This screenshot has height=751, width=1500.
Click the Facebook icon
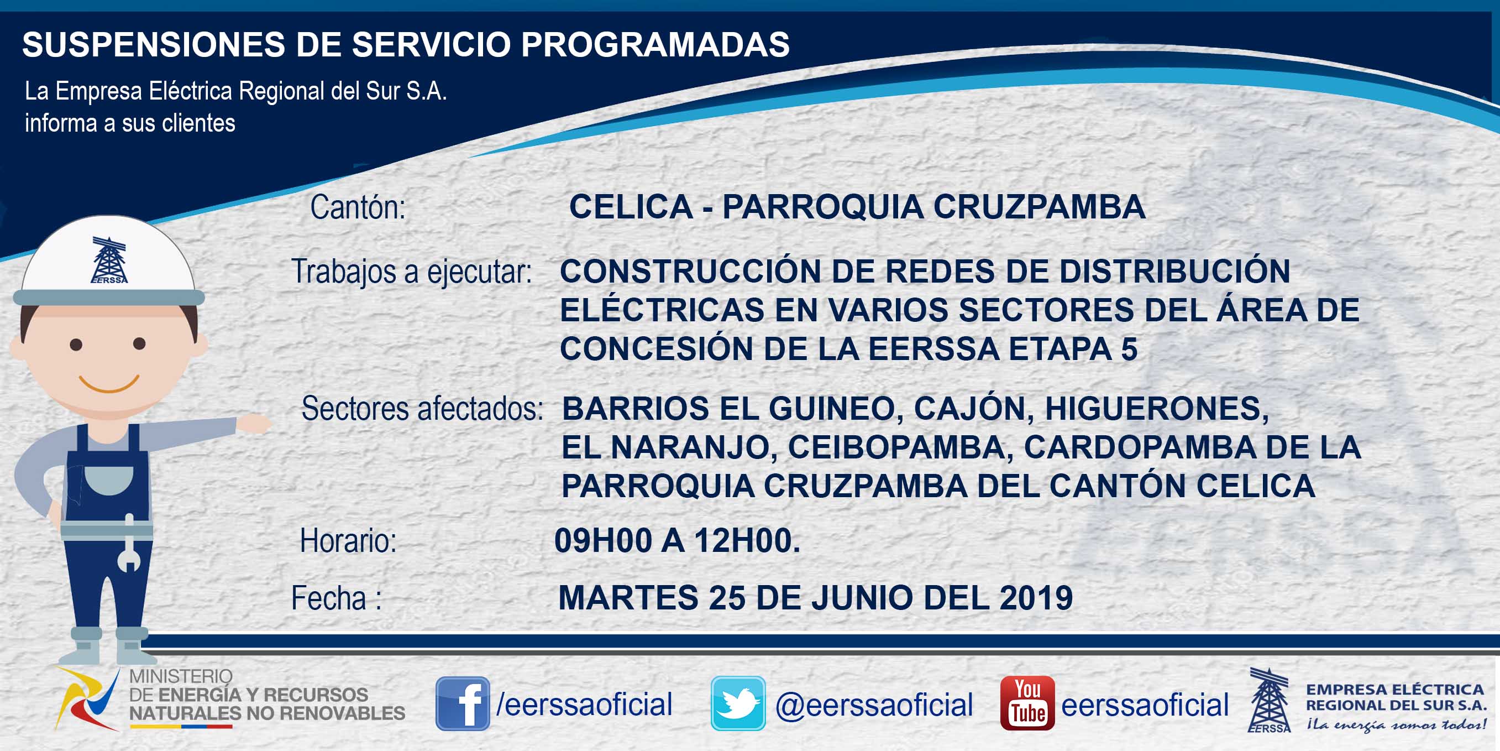click(x=463, y=703)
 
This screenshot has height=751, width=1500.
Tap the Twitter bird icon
click(x=738, y=703)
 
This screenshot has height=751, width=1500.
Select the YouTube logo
click(x=1027, y=703)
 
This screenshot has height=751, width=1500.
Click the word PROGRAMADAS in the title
click(x=655, y=44)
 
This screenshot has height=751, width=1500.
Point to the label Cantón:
click(x=358, y=207)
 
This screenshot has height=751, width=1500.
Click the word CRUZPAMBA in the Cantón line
click(x=1040, y=207)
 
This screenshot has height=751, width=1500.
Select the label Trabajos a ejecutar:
click(x=412, y=272)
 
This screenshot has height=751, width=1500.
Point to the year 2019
click(x=1036, y=598)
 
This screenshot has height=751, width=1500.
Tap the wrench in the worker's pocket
click(x=129, y=543)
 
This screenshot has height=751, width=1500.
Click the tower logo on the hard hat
click(x=109, y=260)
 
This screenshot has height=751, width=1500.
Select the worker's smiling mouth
click(x=109, y=383)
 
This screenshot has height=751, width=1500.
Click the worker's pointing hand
click(x=254, y=423)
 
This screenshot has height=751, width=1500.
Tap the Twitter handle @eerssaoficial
click(x=874, y=705)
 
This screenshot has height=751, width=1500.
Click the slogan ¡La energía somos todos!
click(x=1396, y=725)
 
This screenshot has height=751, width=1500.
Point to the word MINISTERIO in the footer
click(x=181, y=676)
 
